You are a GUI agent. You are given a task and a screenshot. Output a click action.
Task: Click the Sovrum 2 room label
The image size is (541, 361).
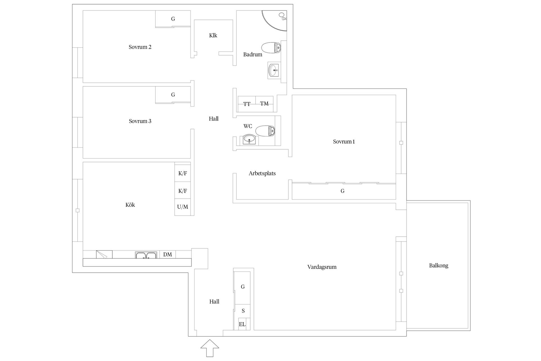pyautogui.click(x=140, y=47)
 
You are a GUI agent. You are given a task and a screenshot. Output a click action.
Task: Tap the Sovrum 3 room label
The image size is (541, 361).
pyautogui.click(x=140, y=121)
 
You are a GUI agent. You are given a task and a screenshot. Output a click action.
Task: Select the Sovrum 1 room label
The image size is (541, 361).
pyautogui.click(x=344, y=142)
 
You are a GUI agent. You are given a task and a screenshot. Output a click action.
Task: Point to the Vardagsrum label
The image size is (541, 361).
pyautogui.click(x=322, y=267)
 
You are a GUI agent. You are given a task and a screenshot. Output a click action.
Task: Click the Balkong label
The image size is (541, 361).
pyautogui.click(x=439, y=266)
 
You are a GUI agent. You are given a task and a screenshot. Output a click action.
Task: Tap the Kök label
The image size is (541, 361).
pyautogui.click(x=130, y=205)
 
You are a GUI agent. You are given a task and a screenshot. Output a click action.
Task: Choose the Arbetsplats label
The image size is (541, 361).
pyautogui.click(x=262, y=173)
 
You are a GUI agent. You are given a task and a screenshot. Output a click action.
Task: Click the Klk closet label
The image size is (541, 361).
pyautogui.click(x=213, y=36)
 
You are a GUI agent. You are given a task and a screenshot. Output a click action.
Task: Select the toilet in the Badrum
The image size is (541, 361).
pyautogui.click(x=271, y=48)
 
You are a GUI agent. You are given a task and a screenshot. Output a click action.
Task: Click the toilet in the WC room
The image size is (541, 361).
pyautogui.click(x=265, y=131)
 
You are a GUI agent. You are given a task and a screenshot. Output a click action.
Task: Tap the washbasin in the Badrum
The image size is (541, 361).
pyautogui.click(x=273, y=70)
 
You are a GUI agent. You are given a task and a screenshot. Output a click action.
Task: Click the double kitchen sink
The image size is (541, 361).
pyautogui.click(x=146, y=255)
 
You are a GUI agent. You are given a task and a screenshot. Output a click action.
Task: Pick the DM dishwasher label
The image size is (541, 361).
pyautogui.click(x=167, y=255)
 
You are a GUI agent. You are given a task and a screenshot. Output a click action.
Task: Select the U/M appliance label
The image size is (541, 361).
pyautogui.click(x=183, y=207)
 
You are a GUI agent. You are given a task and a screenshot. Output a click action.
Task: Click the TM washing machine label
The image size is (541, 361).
pyautogui.click(x=264, y=104)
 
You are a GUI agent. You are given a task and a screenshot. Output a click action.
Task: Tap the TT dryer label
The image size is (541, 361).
pyautogui.click(x=247, y=104)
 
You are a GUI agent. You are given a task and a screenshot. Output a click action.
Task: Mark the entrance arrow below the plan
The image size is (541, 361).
pyautogui.click(x=210, y=348)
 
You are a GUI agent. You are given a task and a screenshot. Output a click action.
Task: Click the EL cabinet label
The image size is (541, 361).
pyautogui.click(x=242, y=324)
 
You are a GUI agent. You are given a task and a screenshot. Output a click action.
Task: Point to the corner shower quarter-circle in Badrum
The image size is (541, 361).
pyautogui.click(x=274, y=21)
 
